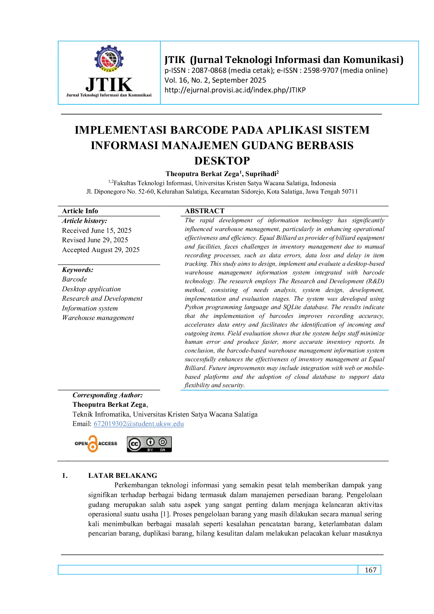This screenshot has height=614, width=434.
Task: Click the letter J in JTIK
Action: click(x=90, y=85)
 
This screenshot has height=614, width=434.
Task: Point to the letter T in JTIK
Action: click(x=102, y=84)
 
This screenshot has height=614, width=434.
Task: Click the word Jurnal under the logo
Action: click(x=72, y=95)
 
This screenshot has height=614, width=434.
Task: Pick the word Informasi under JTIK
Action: click(x=110, y=95)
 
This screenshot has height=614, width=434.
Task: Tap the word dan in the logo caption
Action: click(x=123, y=95)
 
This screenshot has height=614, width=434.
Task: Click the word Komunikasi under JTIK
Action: click(x=140, y=95)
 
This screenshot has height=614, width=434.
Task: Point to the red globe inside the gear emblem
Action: click(x=109, y=58)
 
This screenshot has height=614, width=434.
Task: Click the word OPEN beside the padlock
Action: click(x=81, y=444)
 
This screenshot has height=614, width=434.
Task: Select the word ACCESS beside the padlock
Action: click(x=108, y=444)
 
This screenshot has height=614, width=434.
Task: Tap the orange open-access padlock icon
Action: click(x=93, y=444)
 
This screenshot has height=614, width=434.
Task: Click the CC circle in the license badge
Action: click(x=134, y=444)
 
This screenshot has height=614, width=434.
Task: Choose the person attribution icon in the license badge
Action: click(x=150, y=442)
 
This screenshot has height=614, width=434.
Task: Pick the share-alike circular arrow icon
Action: click(x=163, y=442)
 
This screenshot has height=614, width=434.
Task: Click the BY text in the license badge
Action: click(x=150, y=450)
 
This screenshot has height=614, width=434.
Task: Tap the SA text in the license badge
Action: click(x=163, y=450)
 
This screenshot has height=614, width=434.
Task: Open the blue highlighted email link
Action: click(x=139, y=424)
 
